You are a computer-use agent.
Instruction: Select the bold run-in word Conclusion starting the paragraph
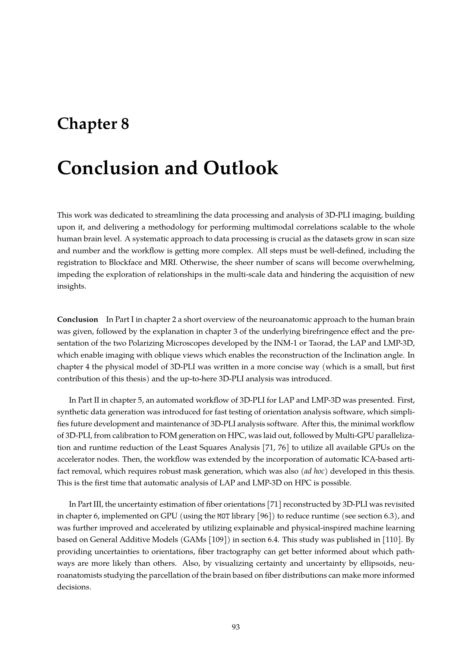[78, 320]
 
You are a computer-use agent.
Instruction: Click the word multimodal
[249, 227]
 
